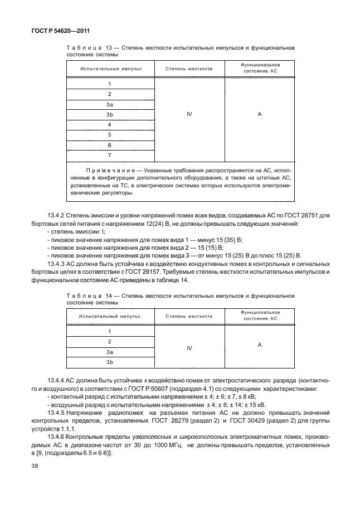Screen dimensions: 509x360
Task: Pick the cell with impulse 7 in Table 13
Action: (x=110, y=155)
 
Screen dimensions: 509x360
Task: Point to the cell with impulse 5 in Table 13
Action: (x=110, y=134)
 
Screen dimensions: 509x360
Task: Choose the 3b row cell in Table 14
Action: (x=110, y=362)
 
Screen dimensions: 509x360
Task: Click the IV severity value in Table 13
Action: (x=189, y=114)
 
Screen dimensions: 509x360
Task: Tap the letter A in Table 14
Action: (x=260, y=345)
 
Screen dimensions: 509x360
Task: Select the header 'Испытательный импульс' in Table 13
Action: (x=110, y=69)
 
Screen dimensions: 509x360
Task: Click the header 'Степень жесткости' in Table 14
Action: (x=189, y=316)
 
